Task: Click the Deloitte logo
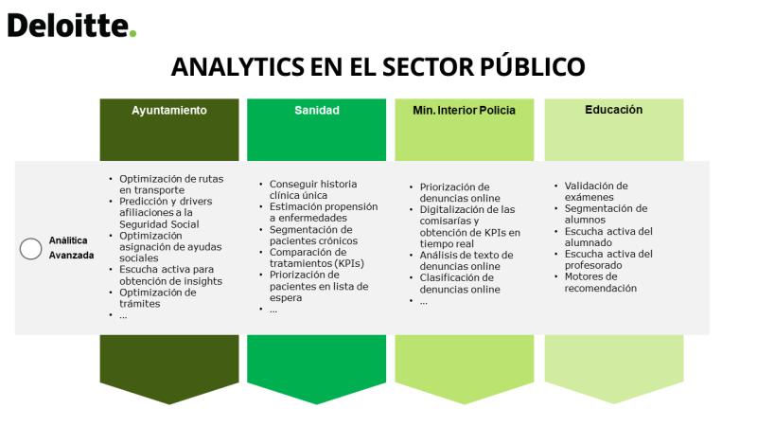pyautogui.click(x=72, y=26)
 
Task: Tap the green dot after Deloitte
pyautogui.click(x=132, y=33)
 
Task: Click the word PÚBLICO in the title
pyautogui.click(x=533, y=65)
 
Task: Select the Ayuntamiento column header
pyautogui.click(x=169, y=110)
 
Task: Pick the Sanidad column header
pyautogui.click(x=317, y=110)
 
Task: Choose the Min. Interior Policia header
pyautogui.click(x=464, y=110)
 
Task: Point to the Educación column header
pyautogui.click(x=613, y=110)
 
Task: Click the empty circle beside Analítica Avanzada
pyautogui.click(x=31, y=249)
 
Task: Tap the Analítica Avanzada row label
pyautogui.click(x=71, y=247)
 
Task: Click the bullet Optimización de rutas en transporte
pyautogui.click(x=171, y=184)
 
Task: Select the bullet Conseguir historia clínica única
pyautogui.click(x=313, y=189)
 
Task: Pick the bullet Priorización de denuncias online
pyautogui.click(x=459, y=192)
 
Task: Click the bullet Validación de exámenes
pyautogui.click(x=596, y=191)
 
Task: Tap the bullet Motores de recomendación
pyautogui.click(x=600, y=282)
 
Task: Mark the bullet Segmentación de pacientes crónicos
pyautogui.click(x=313, y=235)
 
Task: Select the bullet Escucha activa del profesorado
pyautogui.click(x=608, y=259)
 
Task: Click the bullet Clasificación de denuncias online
pyautogui.click(x=459, y=283)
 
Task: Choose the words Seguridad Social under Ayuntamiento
pyautogui.click(x=159, y=224)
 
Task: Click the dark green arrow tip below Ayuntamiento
pyautogui.click(x=169, y=404)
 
